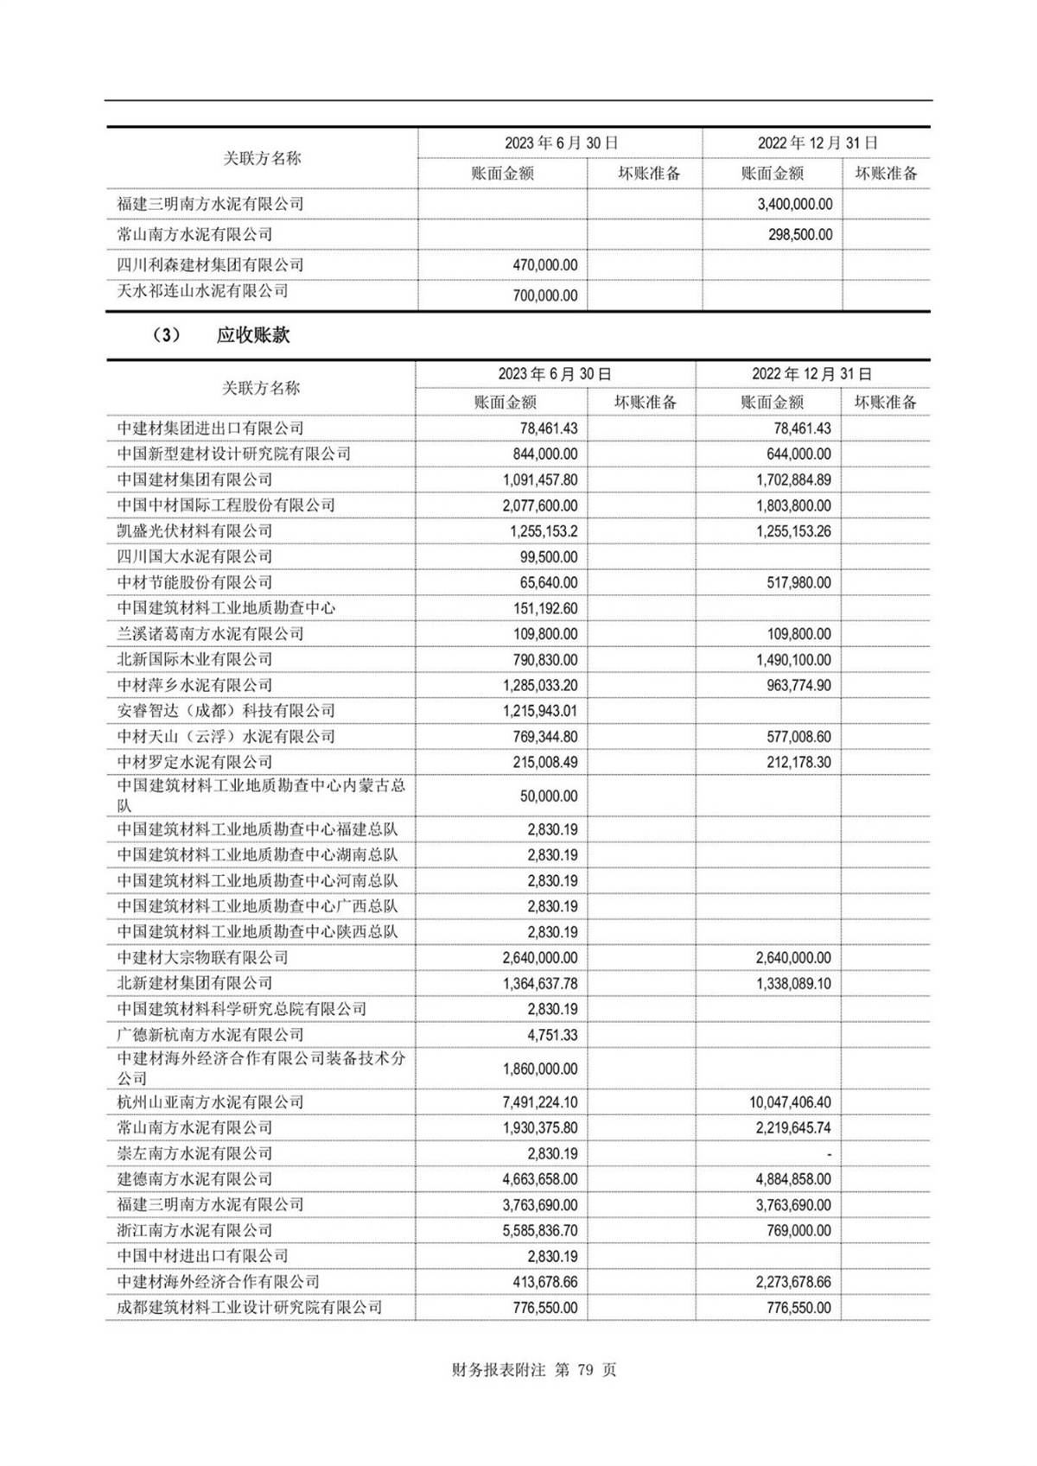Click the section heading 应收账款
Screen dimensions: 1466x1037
tap(253, 335)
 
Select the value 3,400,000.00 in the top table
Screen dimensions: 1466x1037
tap(794, 205)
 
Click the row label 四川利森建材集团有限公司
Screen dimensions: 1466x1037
tap(210, 265)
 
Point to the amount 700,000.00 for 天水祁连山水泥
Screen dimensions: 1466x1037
tap(544, 295)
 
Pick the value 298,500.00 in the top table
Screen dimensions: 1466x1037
tap(800, 235)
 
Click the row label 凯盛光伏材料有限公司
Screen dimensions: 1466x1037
tap(194, 531)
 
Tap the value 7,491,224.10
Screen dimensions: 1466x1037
tap(540, 1102)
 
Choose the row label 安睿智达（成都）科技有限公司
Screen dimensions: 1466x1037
tap(226, 711)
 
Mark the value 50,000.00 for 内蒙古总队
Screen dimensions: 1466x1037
tap(549, 796)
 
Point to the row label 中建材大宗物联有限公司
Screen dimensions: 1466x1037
tap(202, 958)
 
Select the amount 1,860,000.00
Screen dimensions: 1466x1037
tap(540, 1069)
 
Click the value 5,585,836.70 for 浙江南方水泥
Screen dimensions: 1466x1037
tap(540, 1230)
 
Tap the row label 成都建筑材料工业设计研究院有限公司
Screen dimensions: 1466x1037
tap(249, 1308)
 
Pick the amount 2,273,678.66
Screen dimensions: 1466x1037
tap(793, 1282)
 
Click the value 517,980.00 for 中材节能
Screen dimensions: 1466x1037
tap(798, 583)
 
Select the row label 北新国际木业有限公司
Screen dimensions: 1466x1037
tap(194, 660)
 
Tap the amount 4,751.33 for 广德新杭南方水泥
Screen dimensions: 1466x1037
tap(553, 1035)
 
